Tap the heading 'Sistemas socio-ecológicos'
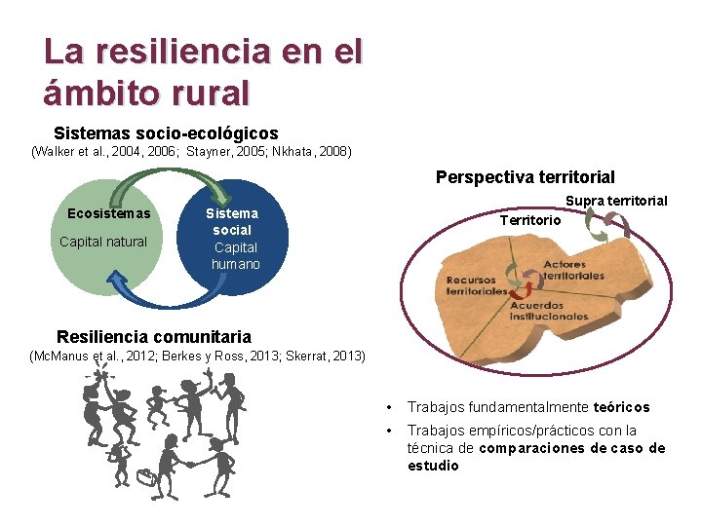coord(166,133)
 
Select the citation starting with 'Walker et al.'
coord(191,152)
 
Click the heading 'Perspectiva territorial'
coord(525,177)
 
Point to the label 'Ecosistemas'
coord(109,213)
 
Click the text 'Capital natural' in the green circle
coord(103,242)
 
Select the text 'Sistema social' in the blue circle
coord(232,222)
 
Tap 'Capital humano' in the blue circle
coord(235,255)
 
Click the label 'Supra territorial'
coord(616,201)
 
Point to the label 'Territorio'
coord(530,220)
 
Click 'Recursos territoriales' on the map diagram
coord(477,285)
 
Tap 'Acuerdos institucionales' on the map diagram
coord(547,311)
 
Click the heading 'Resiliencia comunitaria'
coord(154,337)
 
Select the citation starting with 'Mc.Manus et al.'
coord(199,356)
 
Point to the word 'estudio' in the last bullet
coord(433,466)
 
